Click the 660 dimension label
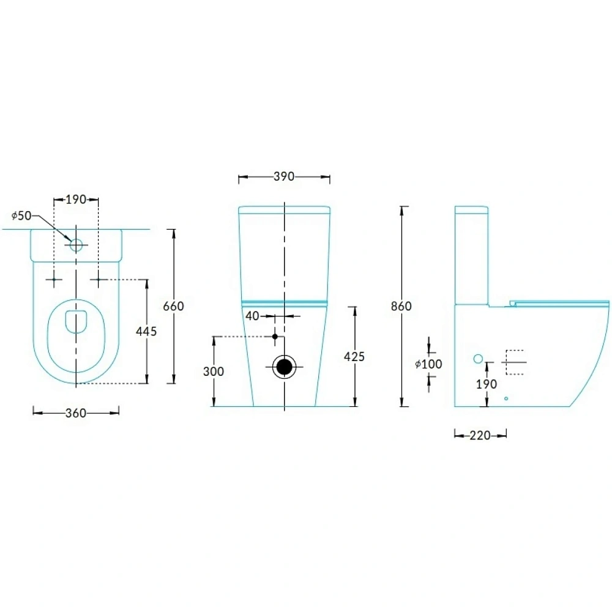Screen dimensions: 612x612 tap(173, 306)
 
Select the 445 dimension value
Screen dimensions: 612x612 tap(146, 331)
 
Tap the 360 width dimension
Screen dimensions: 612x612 tap(76, 412)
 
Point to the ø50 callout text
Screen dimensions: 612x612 tap(21, 215)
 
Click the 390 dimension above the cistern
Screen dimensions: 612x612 tap(284, 176)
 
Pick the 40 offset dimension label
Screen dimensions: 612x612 tap(252, 316)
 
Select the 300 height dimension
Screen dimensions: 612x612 tap(214, 371)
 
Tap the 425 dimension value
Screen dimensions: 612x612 tap(354, 356)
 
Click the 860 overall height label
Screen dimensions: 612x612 tap(401, 306)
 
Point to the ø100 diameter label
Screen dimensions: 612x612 tap(428, 364)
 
